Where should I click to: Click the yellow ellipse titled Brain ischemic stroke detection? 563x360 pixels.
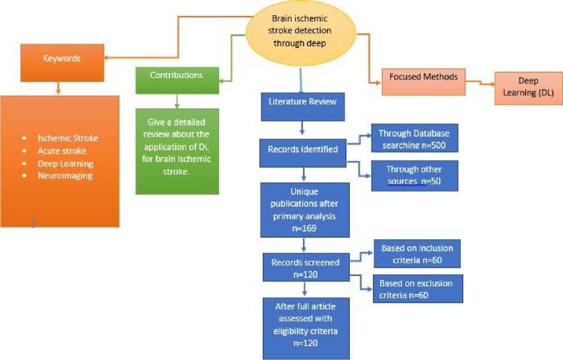[301, 30]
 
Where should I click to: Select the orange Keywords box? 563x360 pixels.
[62, 58]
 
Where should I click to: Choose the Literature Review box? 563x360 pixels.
[302, 101]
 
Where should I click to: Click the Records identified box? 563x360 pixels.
[303, 149]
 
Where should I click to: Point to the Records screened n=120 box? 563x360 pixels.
[305, 267]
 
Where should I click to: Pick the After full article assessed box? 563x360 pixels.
[304, 328]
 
